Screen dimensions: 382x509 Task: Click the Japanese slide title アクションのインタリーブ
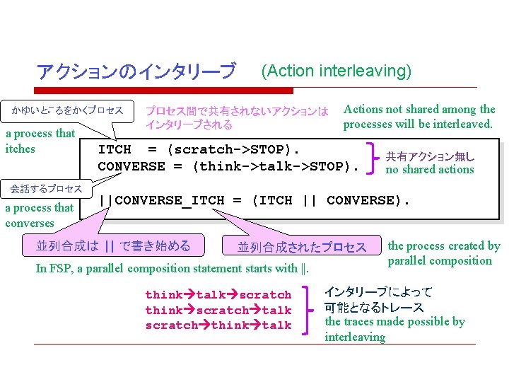136,71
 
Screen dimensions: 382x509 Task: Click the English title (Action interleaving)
336,71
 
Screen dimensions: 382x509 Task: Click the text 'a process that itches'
40,141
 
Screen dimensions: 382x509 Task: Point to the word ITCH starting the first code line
115,150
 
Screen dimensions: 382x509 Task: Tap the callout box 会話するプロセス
46,189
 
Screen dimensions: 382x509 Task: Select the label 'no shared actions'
429,170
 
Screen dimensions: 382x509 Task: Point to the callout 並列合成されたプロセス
302,247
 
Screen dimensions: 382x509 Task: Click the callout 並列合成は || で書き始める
113,246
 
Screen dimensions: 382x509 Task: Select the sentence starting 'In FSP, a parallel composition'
172,268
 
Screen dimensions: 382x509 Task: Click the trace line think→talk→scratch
218,295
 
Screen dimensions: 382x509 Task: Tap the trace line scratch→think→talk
218,325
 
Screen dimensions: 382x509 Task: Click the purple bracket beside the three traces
308,310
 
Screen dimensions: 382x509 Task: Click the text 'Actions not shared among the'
419,109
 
